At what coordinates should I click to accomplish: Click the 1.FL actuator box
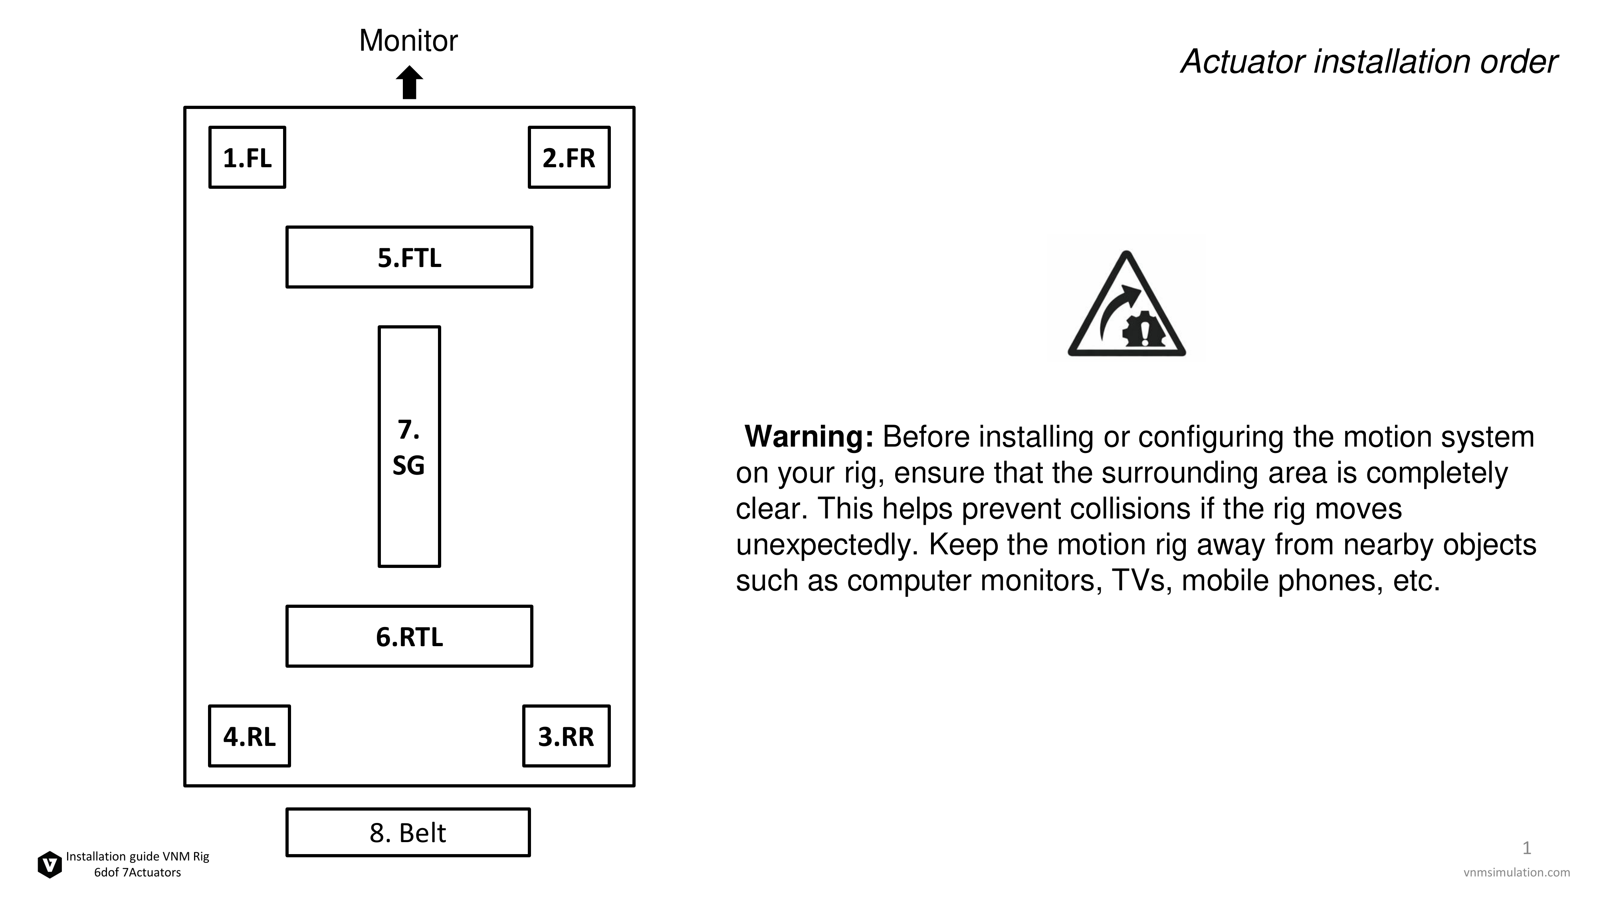(x=248, y=157)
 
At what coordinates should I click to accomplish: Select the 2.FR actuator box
(x=569, y=157)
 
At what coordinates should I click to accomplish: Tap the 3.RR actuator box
(x=567, y=736)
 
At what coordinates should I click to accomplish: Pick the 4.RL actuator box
(x=249, y=736)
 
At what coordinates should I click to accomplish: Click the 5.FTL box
(x=409, y=257)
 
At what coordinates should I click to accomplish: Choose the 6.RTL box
(x=409, y=637)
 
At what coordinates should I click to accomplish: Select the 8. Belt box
(x=408, y=832)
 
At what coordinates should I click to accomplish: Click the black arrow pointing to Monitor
(x=409, y=83)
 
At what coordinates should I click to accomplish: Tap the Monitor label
(x=408, y=41)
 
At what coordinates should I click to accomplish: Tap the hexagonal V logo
(x=50, y=864)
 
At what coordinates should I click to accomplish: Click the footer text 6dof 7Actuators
(x=138, y=872)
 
